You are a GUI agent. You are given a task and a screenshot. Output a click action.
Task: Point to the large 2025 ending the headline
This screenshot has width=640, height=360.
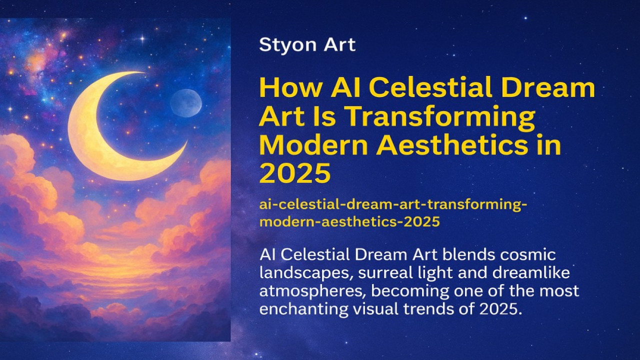(x=295, y=173)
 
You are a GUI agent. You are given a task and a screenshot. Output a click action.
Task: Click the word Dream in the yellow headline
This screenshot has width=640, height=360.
(x=555, y=89)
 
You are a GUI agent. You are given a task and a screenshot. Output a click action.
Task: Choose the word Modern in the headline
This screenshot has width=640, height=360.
(x=314, y=145)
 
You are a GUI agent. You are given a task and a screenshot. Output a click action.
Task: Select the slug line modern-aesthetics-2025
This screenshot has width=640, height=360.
(x=349, y=221)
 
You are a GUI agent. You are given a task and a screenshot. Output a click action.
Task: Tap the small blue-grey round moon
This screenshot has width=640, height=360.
(x=186, y=103)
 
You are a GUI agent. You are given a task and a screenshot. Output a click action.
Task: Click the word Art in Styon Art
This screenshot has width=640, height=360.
(x=339, y=45)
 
